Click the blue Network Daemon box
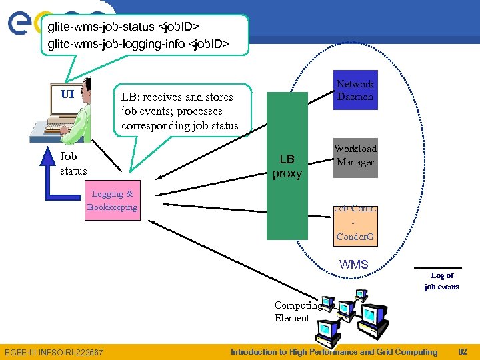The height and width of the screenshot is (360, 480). [355, 90]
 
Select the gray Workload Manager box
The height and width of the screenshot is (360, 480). [355, 156]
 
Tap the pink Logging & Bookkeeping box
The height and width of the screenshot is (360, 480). [112, 201]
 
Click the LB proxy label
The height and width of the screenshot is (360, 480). [287, 167]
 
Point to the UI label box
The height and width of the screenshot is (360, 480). [67, 94]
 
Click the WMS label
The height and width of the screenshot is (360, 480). [353, 265]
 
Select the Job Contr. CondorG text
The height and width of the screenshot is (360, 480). [355, 223]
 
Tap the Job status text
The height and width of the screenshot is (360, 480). [73, 164]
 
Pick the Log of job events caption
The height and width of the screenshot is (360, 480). [442, 281]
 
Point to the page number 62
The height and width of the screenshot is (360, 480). [463, 352]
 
